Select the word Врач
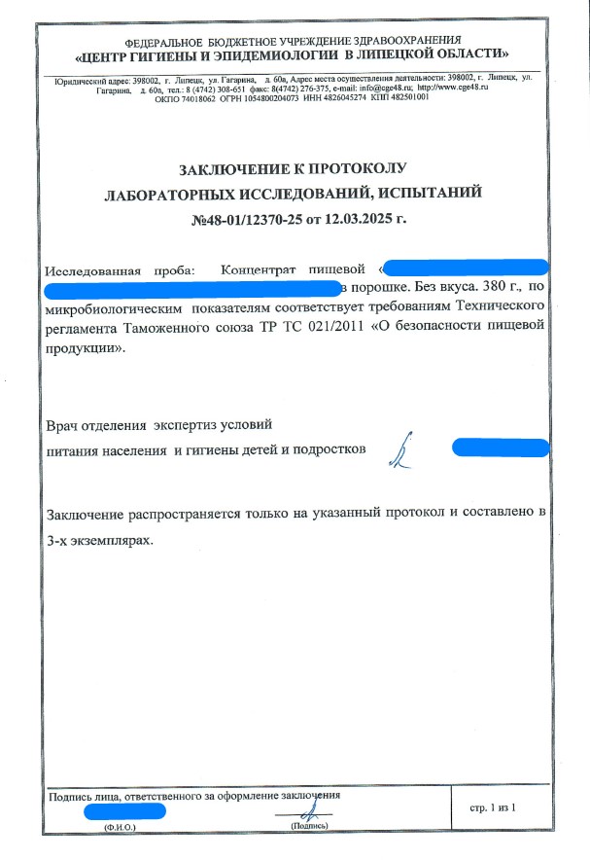[x=65, y=425]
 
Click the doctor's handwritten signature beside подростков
[x=398, y=450]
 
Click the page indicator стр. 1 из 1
[x=495, y=807]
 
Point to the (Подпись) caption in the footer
[x=309, y=825]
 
